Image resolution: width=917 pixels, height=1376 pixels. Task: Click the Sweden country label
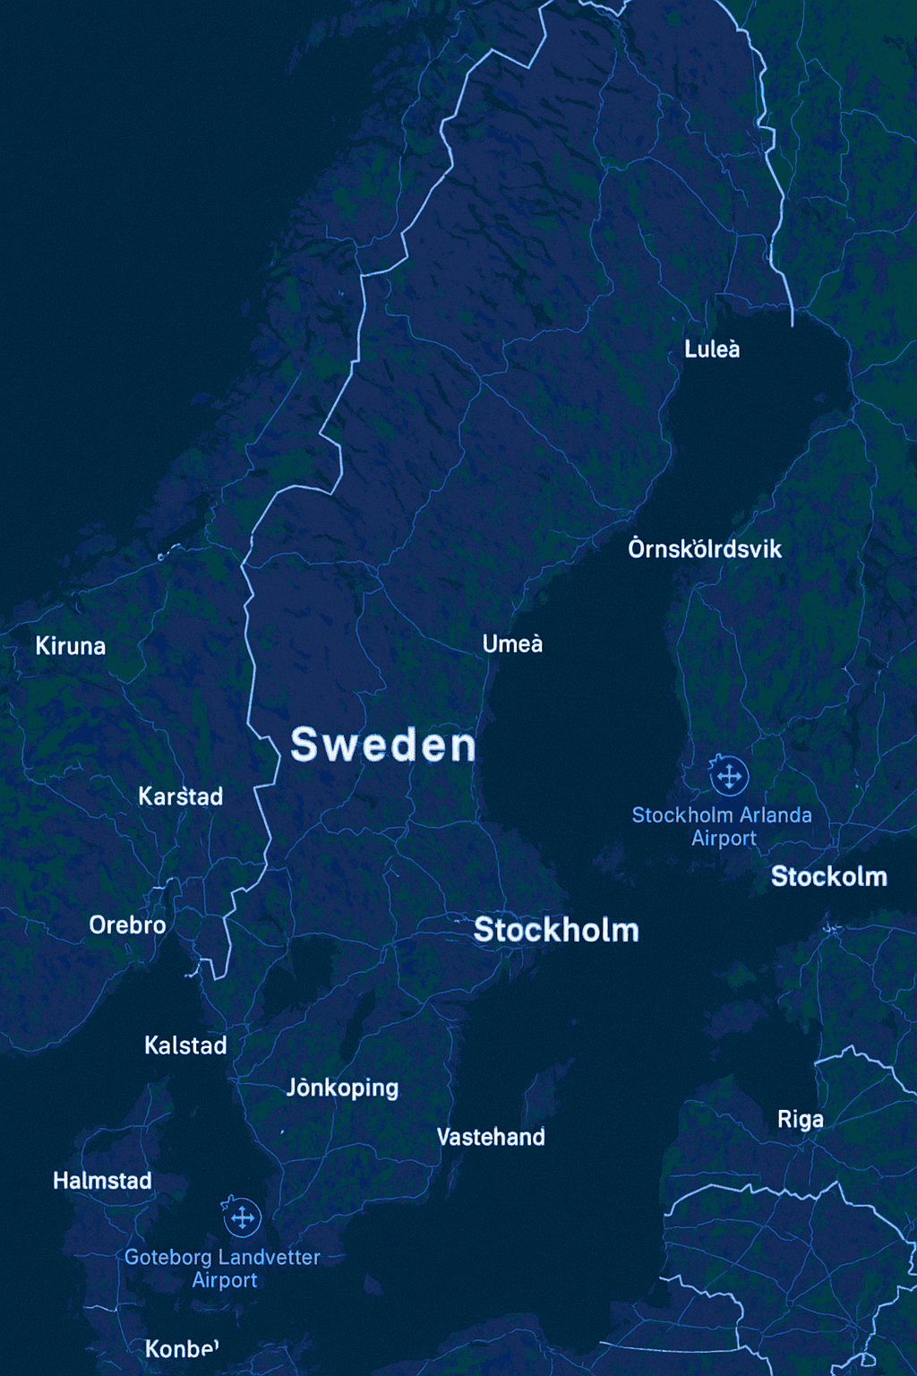point(383,745)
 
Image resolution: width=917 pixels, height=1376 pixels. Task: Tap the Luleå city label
point(712,349)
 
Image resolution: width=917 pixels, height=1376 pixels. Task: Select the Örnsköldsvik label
point(705,548)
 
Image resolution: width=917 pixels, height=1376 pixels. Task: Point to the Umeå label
point(512,644)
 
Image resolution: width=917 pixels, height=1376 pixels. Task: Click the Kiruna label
point(71,646)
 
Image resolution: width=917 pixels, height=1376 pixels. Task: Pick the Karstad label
point(180,796)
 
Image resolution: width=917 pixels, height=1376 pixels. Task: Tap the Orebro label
point(127,925)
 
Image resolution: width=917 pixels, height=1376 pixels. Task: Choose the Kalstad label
point(185,1045)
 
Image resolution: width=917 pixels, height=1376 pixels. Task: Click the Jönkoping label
point(342,1088)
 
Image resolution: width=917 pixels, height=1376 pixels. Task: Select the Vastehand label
point(491,1137)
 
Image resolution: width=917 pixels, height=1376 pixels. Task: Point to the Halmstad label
point(102,1181)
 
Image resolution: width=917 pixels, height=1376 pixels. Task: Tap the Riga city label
point(800,1120)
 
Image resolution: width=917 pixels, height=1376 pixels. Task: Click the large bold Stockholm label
point(556,930)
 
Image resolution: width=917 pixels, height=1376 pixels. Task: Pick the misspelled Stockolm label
point(828,876)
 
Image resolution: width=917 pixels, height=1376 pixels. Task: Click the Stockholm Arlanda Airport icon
point(729,776)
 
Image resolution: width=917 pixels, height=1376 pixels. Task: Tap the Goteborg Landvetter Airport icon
point(242,1217)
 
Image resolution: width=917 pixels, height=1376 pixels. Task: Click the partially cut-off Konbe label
point(182,1348)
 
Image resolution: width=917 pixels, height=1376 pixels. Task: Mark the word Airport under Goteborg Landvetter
point(225,1280)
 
